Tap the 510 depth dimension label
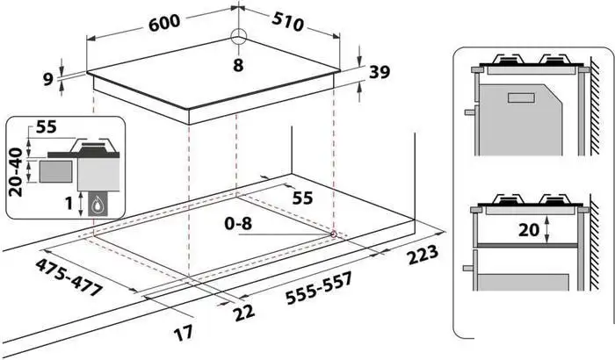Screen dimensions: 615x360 click(x=287, y=21)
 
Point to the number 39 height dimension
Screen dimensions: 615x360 click(x=380, y=72)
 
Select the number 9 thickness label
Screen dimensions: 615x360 click(x=47, y=80)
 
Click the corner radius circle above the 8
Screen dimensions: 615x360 click(x=238, y=37)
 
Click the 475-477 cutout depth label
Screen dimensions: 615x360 click(x=69, y=277)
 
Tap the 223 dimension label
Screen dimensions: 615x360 click(x=423, y=255)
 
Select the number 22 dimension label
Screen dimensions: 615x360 click(x=244, y=313)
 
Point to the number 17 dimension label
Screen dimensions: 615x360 click(x=184, y=333)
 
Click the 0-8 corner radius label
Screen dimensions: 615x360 click(x=238, y=223)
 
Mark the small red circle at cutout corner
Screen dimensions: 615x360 click(x=333, y=234)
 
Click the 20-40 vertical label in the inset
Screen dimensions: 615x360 click(x=16, y=172)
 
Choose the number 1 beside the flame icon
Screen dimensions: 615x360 click(x=69, y=204)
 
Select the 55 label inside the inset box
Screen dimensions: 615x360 click(x=47, y=126)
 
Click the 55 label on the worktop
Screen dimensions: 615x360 click(x=303, y=198)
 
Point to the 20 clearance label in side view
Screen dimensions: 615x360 click(x=529, y=230)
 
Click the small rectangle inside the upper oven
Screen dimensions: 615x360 click(x=521, y=97)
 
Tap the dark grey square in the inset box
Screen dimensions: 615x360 click(x=55, y=171)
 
